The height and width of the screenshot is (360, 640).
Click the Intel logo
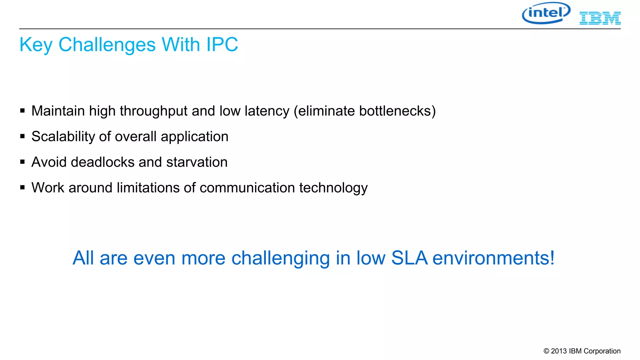tap(546, 13)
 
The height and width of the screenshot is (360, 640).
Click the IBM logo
tap(600, 18)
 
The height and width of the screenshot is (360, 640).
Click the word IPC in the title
tap(222, 44)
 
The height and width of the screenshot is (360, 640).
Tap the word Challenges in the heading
tap(107, 44)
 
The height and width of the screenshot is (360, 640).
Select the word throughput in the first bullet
tap(153, 111)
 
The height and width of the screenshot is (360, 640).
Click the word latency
tap(267, 111)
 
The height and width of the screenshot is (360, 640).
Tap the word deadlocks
tap(102, 162)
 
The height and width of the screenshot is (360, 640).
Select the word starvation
tap(197, 162)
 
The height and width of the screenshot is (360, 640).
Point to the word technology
tap(333, 188)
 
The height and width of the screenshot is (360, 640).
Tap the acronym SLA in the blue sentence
tap(409, 258)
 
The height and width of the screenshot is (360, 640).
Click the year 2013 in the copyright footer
tap(559, 351)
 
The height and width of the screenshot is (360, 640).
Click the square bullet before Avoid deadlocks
tap(22, 162)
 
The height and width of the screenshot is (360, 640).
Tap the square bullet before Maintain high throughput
tap(22, 111)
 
